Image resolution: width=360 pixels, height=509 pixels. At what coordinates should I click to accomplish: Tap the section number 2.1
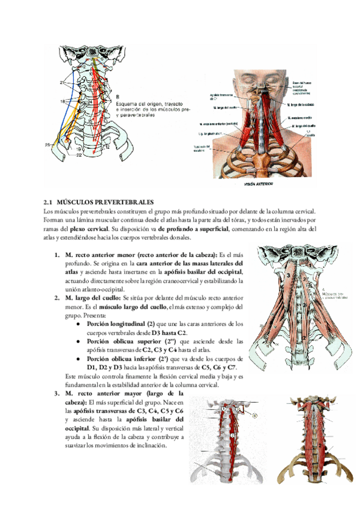point(49,202)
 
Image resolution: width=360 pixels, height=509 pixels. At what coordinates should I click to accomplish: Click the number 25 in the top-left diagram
point(47,145)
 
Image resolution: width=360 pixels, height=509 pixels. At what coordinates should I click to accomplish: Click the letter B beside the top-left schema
point(118,95)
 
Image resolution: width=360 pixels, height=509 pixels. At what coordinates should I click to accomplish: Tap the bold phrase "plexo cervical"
point(90,229)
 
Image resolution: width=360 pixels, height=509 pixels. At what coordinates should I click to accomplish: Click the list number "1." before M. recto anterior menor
point(56,254)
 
